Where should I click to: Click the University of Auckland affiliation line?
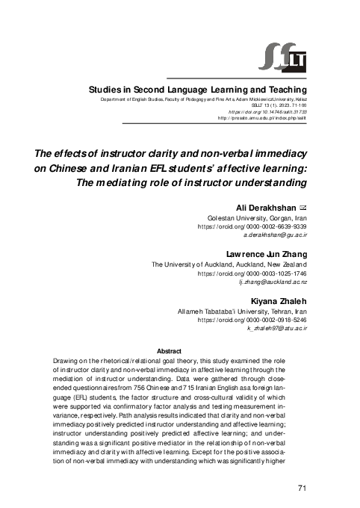[x=229, y=265]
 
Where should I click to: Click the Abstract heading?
[x=170, y=350]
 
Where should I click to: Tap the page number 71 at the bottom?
[x=302, y=488]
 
